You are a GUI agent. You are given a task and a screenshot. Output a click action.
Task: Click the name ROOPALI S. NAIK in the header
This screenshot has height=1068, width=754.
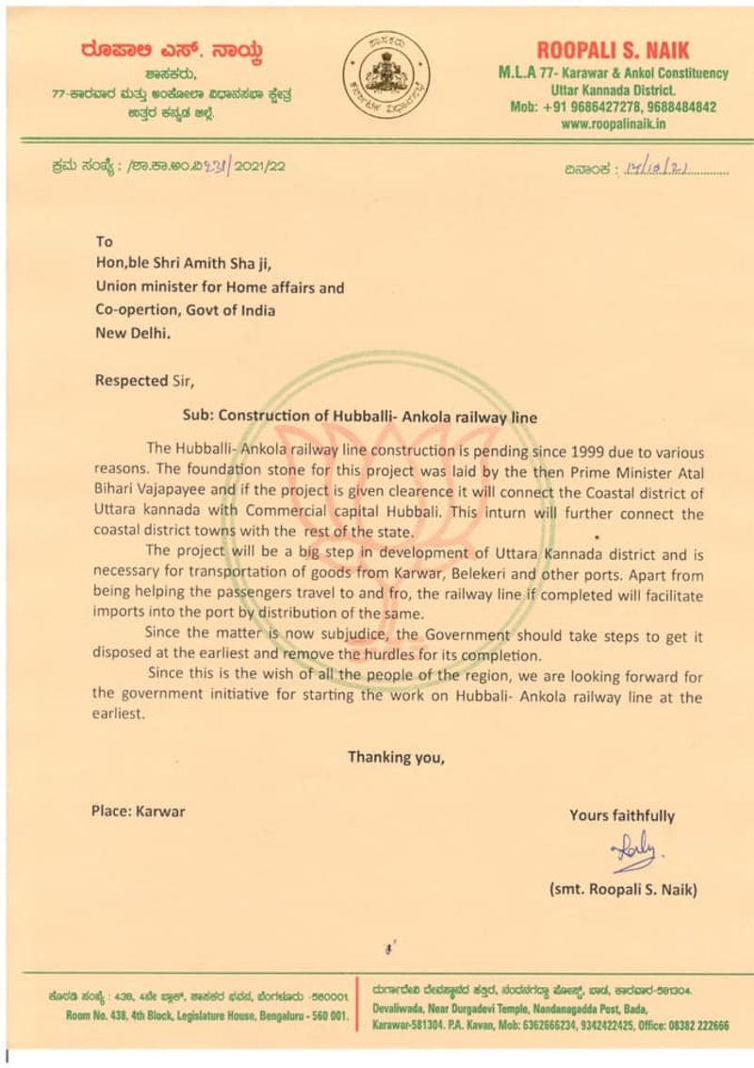click(x=613, y=51)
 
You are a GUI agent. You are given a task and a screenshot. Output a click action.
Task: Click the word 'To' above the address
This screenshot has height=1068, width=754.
click(x=104, y=242)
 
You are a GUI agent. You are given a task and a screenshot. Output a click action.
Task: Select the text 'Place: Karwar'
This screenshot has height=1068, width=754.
click(x=138, y=811)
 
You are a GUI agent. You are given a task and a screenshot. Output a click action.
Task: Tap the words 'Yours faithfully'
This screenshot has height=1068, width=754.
click(x=621, y=816)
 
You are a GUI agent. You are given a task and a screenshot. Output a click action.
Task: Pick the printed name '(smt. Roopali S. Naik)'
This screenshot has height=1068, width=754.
click(x=622, y=889)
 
